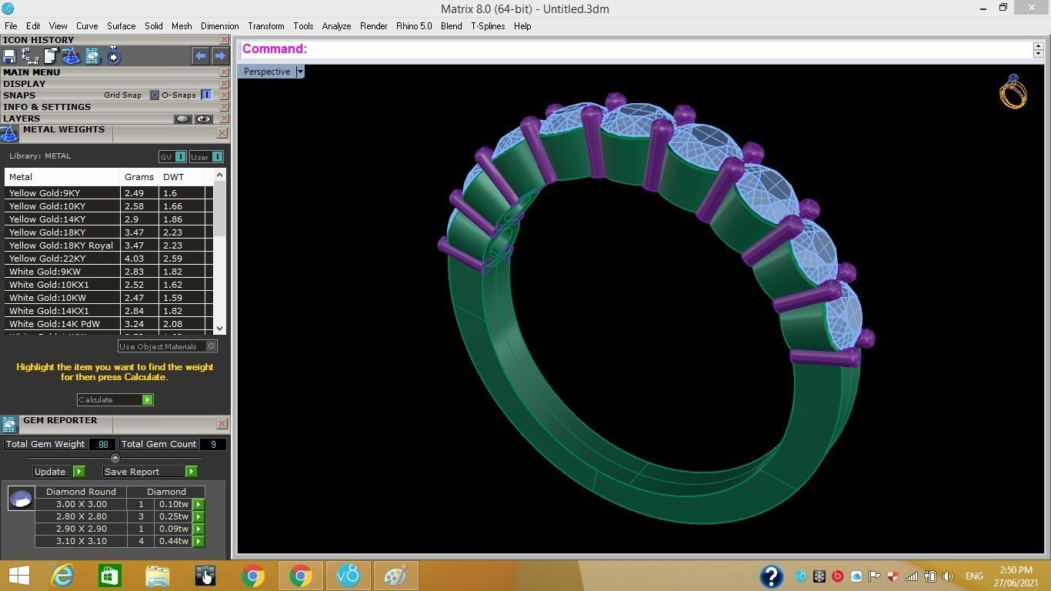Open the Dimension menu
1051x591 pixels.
219,26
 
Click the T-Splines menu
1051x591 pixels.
488,26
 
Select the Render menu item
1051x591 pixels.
373,26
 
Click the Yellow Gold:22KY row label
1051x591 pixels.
47,259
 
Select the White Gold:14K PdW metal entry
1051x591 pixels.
55,324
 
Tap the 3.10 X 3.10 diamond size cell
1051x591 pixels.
81,541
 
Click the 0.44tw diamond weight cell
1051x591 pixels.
173,541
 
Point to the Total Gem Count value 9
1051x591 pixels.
213,444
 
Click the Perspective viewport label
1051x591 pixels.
267,72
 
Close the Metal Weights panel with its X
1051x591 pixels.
222,133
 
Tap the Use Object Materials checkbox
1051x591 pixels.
212,346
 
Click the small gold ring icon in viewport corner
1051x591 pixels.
1013,92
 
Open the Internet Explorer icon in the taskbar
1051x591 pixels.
62,576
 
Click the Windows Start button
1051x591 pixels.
18,576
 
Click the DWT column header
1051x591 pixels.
174,177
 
